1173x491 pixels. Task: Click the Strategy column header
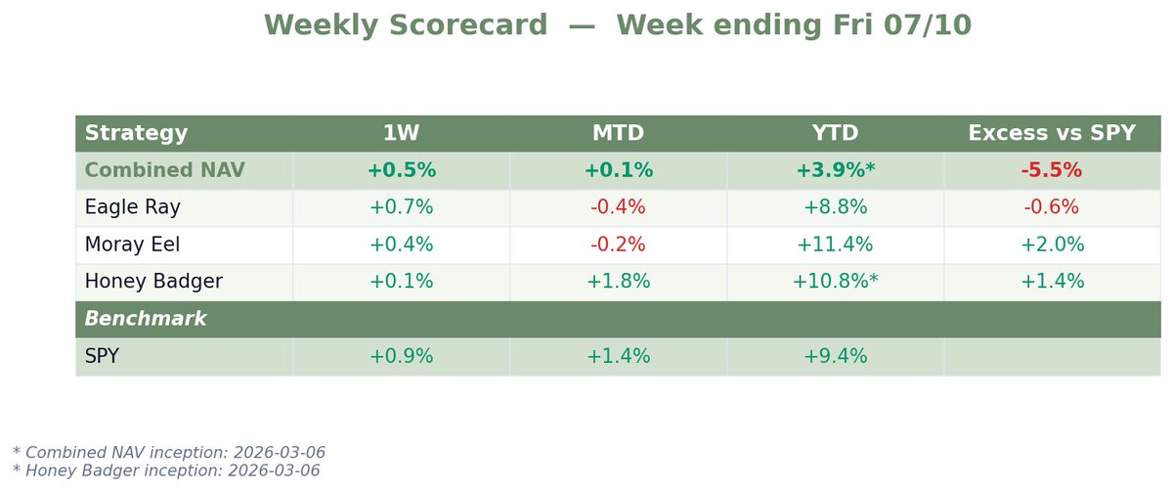point(136,134)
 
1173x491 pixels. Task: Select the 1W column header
point(401,133)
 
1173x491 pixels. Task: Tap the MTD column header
point(618,133)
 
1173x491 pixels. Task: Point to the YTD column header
point(835,133)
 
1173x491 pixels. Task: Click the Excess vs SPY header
point(1052,133)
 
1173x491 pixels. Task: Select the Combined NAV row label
point(164,170)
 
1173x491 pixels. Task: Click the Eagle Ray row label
point(133,207)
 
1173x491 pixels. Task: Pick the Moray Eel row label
point(133,245)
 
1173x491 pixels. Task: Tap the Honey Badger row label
point(153,282)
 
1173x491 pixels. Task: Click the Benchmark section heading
point(146,319)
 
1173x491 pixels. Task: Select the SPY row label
point(102,356)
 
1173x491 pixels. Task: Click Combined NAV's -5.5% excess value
point(1052,170)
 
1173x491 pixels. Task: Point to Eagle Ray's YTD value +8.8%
point(835,207)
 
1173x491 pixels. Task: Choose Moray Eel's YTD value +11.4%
point(835,245)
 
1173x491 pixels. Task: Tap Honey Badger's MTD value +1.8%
point(618,282)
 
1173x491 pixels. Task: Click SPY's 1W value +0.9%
point(401,356)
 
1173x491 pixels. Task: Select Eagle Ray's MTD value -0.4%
point(618,207)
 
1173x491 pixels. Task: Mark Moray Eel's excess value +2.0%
point(1052,245)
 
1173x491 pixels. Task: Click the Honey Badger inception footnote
point(166,470)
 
